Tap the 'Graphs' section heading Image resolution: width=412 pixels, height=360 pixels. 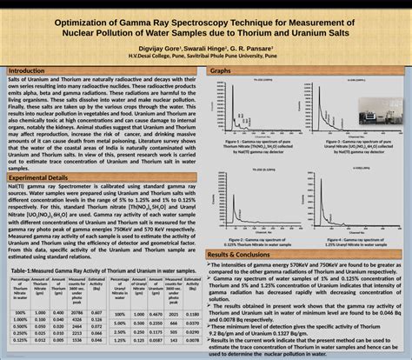221,70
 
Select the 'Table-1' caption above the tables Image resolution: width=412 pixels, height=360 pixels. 103,270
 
